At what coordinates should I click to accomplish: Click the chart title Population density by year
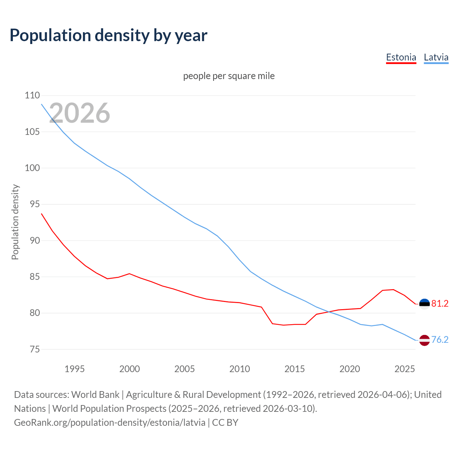tap(108, 35)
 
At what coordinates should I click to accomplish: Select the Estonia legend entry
tap(401, 57)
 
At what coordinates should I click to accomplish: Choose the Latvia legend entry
tap(436, 57)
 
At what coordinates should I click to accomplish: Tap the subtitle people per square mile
tap(229, 76)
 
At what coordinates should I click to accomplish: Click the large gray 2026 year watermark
tap(79, 113)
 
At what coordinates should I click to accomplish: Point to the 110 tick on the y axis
tap(32, 96)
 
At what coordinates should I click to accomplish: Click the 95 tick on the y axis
tap(32, 204)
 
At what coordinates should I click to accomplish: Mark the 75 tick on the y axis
tap(32, 349)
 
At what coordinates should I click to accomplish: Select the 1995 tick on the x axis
tap(74, 369)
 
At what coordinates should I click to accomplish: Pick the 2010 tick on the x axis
tap(239, 369)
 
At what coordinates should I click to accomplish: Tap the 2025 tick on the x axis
tap(404, 369)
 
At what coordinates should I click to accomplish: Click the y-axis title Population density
tap(15, 222)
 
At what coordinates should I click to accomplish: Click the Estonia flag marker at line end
tap(424, 304)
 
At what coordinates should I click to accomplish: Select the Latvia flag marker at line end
tap(424, 340)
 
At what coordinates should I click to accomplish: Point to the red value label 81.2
tap(440, 304)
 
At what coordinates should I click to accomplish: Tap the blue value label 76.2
tap(440, 340)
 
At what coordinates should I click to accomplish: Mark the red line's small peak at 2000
tap(129, 274)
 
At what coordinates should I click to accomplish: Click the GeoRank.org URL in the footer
tap(109, 423)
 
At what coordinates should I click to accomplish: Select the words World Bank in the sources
tap(95, 395)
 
